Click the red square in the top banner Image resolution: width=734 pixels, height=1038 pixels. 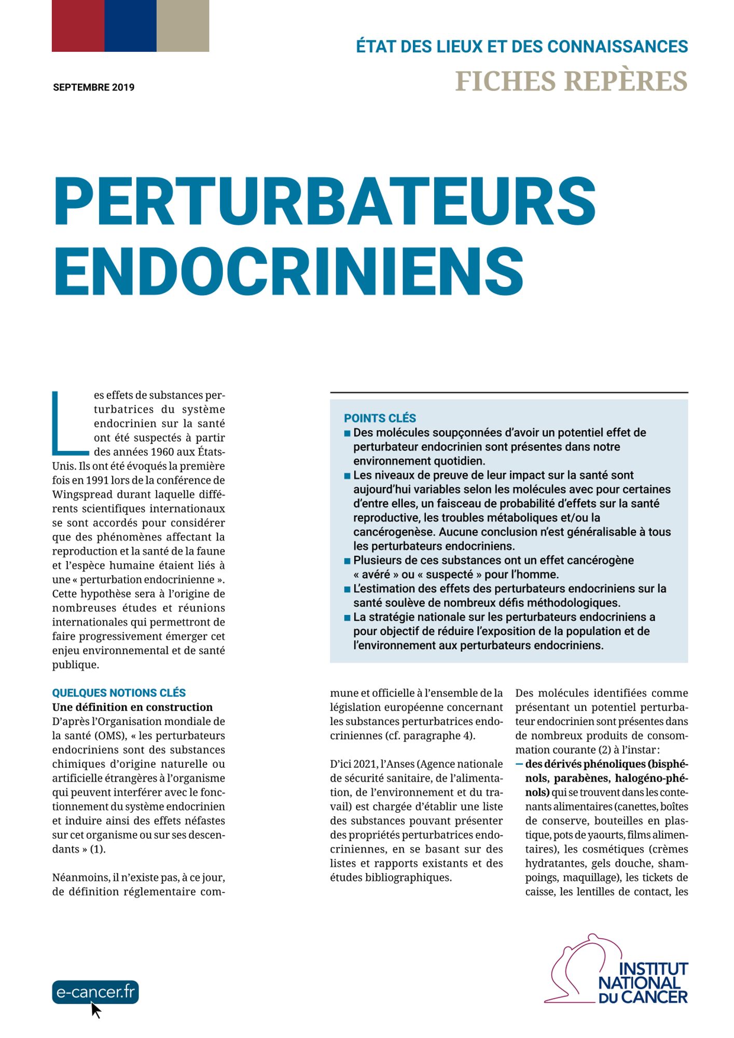tap(78, 25)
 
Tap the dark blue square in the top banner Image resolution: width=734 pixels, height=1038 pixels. tap(130, 25)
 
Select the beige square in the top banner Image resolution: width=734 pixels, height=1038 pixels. tap(183, 25)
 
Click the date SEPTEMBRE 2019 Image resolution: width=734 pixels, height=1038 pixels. tap(93, 87)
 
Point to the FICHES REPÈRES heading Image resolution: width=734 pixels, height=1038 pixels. tap(571, 81)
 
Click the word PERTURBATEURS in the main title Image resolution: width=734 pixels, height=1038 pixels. tap(324, 201)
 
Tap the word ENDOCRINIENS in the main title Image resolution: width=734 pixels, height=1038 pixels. tap(288, 271)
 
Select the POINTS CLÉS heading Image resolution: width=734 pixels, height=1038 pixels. tap(380, 418)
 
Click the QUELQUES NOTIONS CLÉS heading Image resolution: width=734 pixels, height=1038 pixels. tap(119, 693)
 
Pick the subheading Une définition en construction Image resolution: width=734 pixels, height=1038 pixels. tap(132, 707)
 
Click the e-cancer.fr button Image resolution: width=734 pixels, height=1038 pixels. tap(95, 992)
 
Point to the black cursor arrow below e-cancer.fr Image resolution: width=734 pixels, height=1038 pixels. tap(95, 1009)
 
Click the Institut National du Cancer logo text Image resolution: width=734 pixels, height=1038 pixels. tap(643, 982)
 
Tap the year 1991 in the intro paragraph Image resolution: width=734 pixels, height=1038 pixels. tap(98, 480)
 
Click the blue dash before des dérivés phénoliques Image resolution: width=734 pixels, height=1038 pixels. tap(519, 764)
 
